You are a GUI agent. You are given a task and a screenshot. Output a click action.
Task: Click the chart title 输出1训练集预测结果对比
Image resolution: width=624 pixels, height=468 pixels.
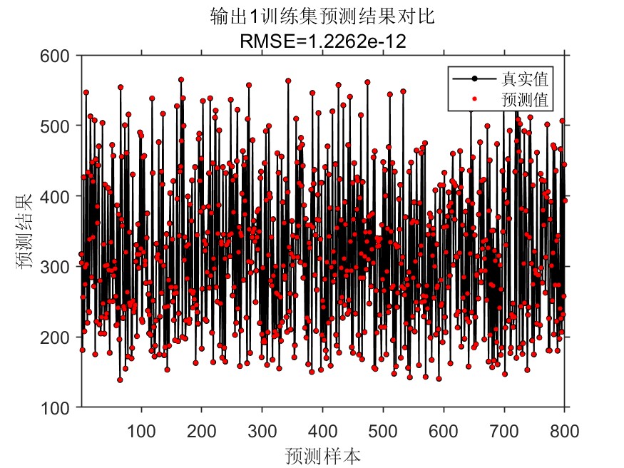323,17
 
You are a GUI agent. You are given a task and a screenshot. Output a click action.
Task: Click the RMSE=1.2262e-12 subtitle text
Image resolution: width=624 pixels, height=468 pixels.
323,41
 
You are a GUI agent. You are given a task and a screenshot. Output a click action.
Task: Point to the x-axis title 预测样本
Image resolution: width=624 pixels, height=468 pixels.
323,454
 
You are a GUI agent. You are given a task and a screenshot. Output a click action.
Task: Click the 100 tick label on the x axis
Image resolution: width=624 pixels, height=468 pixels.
141,430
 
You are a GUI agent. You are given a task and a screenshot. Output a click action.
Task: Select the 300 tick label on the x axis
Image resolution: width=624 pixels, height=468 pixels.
262,430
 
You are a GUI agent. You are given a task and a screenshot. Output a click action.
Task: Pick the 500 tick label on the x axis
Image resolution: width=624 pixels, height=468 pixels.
383,430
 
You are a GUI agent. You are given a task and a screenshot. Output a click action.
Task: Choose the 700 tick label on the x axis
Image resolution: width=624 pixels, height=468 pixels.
504,430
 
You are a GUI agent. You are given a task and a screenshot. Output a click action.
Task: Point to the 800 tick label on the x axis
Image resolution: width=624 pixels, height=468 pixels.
564,430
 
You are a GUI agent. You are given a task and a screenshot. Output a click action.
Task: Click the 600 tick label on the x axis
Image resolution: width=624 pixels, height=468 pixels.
444,430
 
